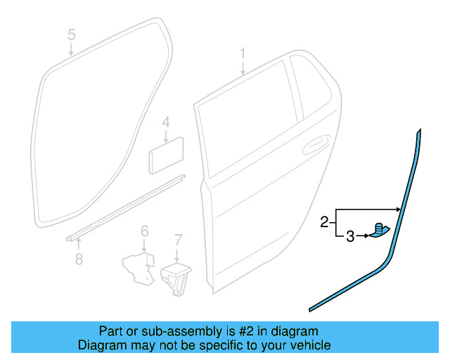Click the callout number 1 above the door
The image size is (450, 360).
click(243, 53)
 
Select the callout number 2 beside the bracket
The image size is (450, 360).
click(324, 222)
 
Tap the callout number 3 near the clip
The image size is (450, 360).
click(350, 237)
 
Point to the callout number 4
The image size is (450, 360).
click(165, 122)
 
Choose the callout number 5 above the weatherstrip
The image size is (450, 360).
click(71, 34)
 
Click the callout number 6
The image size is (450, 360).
click(144, 231)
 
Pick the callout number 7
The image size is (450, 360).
click(178, 239)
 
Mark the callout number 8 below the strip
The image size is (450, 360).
click(79, 259)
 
